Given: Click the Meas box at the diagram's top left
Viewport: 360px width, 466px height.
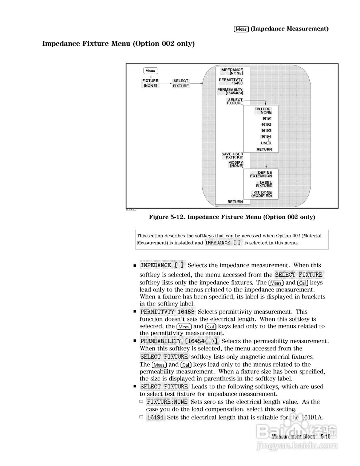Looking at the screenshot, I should [150, 71].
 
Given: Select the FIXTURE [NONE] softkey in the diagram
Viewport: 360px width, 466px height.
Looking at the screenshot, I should [150, 83].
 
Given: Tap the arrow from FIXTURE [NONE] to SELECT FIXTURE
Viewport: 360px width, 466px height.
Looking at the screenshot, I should [165, 83].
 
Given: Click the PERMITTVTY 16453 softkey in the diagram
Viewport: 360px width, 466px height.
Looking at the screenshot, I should [231, 82].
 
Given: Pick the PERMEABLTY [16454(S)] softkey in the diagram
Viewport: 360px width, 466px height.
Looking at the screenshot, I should [230, 91].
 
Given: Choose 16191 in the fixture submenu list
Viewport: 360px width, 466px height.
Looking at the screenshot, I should [266, 118].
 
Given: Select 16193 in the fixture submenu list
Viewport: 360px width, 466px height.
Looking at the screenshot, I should [266, 131].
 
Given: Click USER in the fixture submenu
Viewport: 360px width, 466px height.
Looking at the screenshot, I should [266, 143].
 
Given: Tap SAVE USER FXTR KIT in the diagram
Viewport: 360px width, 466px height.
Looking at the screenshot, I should [232, 156].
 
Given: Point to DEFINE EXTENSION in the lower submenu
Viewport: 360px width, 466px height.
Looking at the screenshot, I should [261, 174].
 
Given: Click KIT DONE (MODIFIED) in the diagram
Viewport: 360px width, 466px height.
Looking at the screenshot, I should [262, 194].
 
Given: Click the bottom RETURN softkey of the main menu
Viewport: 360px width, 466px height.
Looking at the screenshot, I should [235, 202].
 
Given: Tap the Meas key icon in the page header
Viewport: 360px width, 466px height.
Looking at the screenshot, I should [241, 29].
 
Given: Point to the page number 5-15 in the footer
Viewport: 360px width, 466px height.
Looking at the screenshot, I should [325, 436].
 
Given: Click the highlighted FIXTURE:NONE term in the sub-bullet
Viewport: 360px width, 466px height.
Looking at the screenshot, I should [167, 402].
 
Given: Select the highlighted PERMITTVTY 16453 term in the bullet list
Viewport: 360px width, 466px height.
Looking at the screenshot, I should [167, 312].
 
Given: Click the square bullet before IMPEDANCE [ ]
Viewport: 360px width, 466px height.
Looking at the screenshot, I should [135, 266].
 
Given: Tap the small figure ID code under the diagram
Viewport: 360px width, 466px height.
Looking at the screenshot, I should [131, 210].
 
